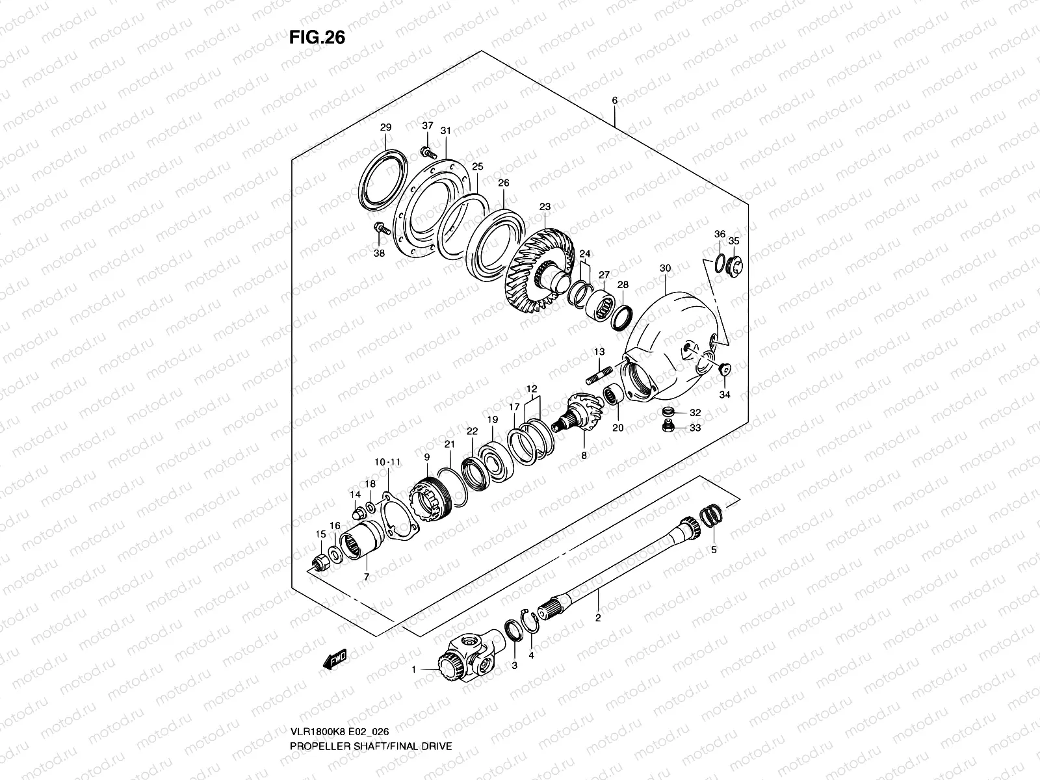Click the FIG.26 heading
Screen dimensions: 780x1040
317,38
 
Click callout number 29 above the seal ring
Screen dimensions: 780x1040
385,127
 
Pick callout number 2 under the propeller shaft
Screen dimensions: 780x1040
598,618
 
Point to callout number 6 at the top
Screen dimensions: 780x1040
614,100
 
